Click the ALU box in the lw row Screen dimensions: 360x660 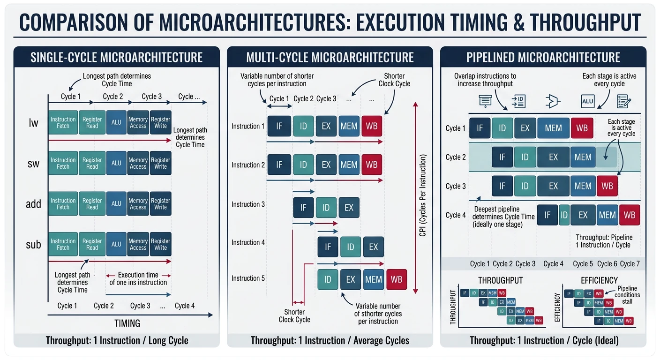click(116, 122)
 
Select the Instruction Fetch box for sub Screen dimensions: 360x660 click(63, 244)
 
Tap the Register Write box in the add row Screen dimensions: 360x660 click(160, 204)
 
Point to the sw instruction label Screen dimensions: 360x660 click(33, 164)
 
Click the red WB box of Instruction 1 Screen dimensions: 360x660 click(372, 126)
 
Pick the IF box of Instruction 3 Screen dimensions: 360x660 click(303, 208)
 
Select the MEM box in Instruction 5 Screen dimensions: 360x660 click(374, 279)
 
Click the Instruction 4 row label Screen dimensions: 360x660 click(248, 242)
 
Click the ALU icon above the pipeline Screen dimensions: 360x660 click(587, 101)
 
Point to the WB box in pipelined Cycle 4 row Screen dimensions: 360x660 click(630, 215)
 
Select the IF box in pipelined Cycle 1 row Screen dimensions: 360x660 click(480, 128)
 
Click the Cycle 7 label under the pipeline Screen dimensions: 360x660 click(630, 264)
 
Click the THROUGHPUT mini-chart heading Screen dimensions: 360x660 click(500, 280)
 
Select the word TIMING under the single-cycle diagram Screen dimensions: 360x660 click(127, 323)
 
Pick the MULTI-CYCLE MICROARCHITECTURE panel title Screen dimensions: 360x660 click(330, 58)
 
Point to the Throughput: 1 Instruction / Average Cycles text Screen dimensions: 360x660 click(330, 340)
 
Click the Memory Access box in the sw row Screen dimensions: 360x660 click(138, 163)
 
